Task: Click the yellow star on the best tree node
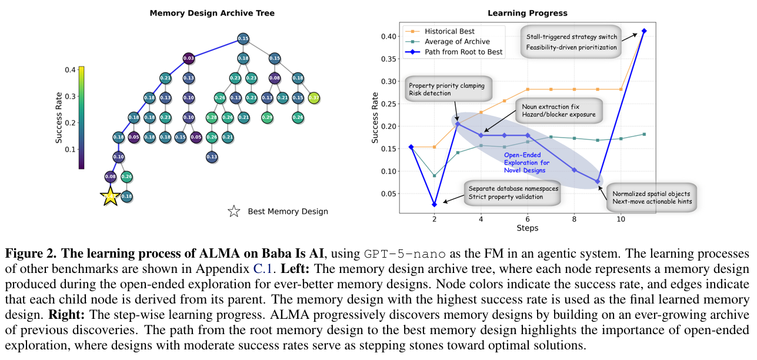111,196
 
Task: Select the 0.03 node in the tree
189,58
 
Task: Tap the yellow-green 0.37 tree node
314,98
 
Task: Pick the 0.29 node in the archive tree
267,118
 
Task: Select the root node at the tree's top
243,39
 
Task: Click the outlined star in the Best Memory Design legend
234,211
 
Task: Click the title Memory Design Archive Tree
212,13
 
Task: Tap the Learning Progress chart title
528,13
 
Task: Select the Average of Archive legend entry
456,41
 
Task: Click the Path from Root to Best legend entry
462,52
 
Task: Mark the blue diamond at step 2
434,204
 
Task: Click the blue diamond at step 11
644,31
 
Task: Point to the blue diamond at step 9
598,181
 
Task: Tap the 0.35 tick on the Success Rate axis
388,59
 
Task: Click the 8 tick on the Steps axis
574,219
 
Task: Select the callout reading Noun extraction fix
558,110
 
